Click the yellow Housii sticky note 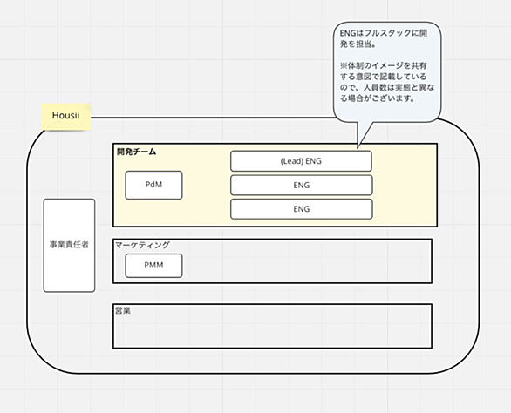[x=65, y=117]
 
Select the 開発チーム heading [x=137, y=152]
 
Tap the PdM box [x=153, y=185]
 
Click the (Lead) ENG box [x=301, y=161]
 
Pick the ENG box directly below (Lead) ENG [x=302, y=185]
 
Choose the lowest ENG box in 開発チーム [x=302, y=209]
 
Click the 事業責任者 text [x=69, y=245]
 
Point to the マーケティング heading [x=143, y=245]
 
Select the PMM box [x=153, y=266]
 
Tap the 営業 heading [x=123, y=311]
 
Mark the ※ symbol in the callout [x=344, y=66]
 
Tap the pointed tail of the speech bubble [x=358, y=148]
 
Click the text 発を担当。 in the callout [x=358, y=44]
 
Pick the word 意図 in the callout [x=364, y=77]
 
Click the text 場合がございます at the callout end [x=377, y=98]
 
